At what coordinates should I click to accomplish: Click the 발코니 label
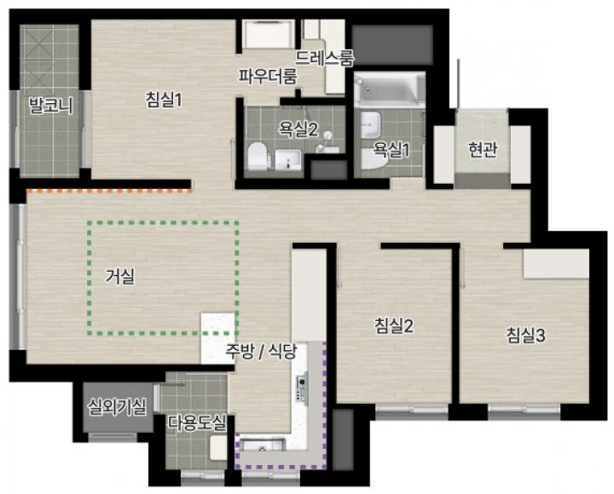51,106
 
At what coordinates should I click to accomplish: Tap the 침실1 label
164,100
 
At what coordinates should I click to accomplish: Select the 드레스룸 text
324,58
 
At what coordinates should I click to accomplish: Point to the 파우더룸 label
269,77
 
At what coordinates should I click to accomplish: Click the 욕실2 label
298,129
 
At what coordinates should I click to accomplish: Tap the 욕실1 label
391,149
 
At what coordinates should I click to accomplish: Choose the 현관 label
483,149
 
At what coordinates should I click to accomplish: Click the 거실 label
120,277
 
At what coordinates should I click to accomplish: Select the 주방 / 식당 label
261,352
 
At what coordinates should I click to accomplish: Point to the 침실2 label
394,325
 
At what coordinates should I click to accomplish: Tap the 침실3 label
526,336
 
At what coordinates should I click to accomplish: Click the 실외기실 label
118,407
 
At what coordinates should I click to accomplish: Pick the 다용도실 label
197,422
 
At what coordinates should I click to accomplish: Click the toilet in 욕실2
259,157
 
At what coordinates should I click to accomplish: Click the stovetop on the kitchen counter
302,388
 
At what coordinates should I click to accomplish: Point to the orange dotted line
110,192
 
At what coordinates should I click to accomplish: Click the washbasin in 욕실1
370,124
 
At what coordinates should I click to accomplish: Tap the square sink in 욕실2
288,160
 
